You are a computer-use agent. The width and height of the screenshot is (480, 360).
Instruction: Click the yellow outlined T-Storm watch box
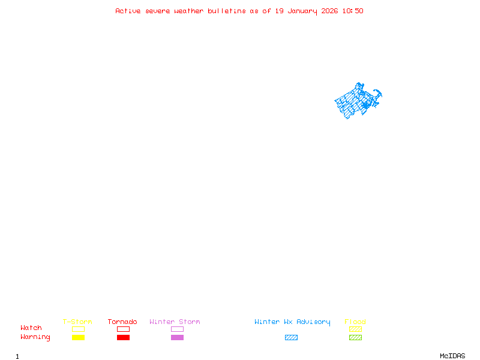tap(78, 329)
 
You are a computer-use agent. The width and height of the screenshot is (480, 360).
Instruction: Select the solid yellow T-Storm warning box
tap(78, 338)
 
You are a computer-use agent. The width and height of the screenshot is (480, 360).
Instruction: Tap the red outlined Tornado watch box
tap(123, 329)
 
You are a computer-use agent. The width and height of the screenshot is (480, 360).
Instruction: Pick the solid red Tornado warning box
tap(123, 338)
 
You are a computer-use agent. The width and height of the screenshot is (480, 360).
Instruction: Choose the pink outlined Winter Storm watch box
tap(177, 329)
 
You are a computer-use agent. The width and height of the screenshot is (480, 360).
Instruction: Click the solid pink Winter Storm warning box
tap(177, 338)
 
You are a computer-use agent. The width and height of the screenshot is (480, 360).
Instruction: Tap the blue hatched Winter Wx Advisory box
tap(291, 338)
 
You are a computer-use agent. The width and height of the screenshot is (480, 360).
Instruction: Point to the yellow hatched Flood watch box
tap(355, 329)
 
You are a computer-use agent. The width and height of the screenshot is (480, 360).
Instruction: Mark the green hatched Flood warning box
tap(355, 338)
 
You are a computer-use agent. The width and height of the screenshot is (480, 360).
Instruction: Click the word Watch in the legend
tap(31, 328)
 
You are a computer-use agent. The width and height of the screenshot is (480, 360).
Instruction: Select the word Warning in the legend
tap(35, 337)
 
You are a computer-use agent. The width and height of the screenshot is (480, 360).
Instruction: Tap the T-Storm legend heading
tap(77, 322)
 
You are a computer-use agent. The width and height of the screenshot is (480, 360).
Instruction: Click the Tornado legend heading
tap(122, 322)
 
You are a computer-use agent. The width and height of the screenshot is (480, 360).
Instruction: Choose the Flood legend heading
tap(355, 322)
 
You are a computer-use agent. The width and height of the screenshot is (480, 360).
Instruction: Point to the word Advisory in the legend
tap(313, 322)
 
